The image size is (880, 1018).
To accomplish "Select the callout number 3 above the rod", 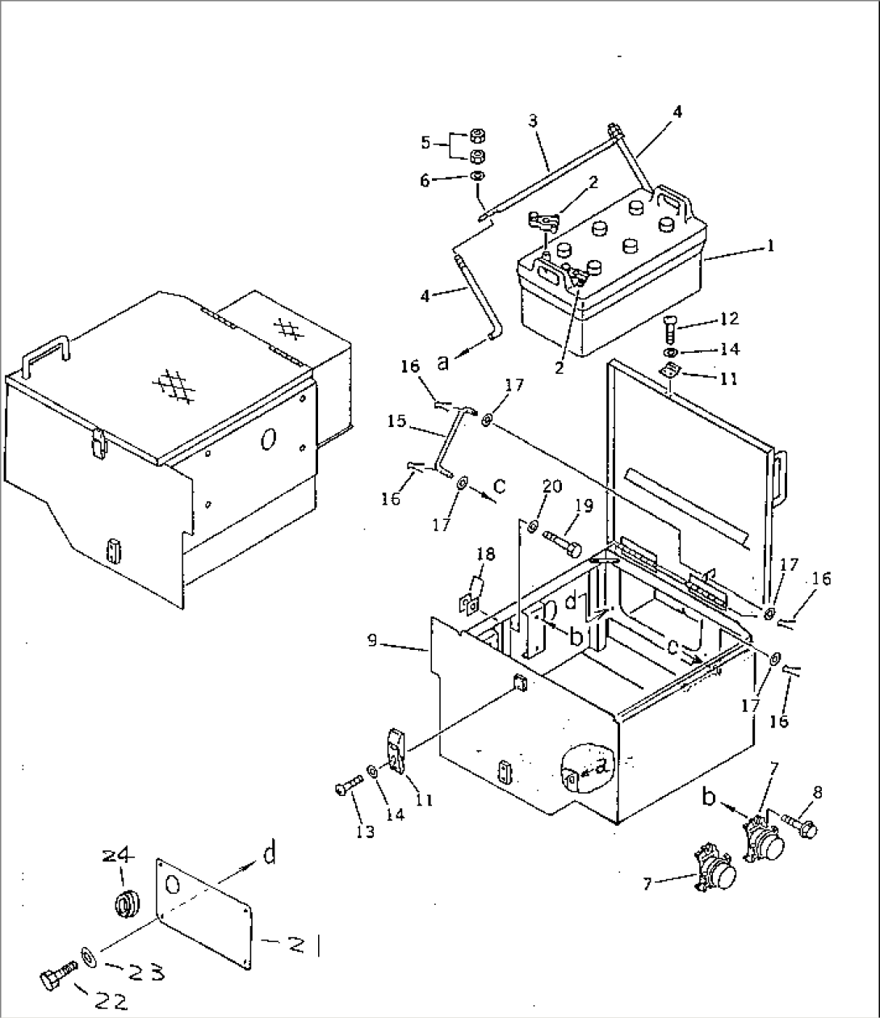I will [533, 121].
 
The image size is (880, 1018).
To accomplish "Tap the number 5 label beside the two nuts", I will [425, 144].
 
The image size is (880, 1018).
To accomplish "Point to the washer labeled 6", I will [477, 178].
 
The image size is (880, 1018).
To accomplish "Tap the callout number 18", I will [484, 555].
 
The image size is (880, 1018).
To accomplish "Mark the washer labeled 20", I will [533, 527].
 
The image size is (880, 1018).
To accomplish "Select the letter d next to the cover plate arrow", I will [270, 853].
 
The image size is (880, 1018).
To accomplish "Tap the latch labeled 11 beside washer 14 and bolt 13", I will [396, 751].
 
